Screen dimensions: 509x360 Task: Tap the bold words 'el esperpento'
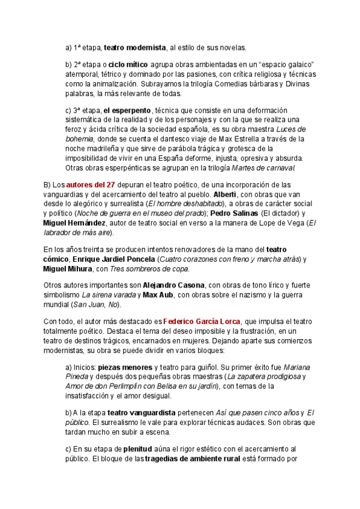pyautogui.click(x=127, y=110)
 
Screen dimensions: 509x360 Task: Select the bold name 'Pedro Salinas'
pyautogui.click(x=236, y=213)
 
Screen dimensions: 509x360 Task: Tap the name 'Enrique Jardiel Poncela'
pyautogui.click(x=116, y=259)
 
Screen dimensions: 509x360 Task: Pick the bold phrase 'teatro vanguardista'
pyautogui.click(x=141, y=413)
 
